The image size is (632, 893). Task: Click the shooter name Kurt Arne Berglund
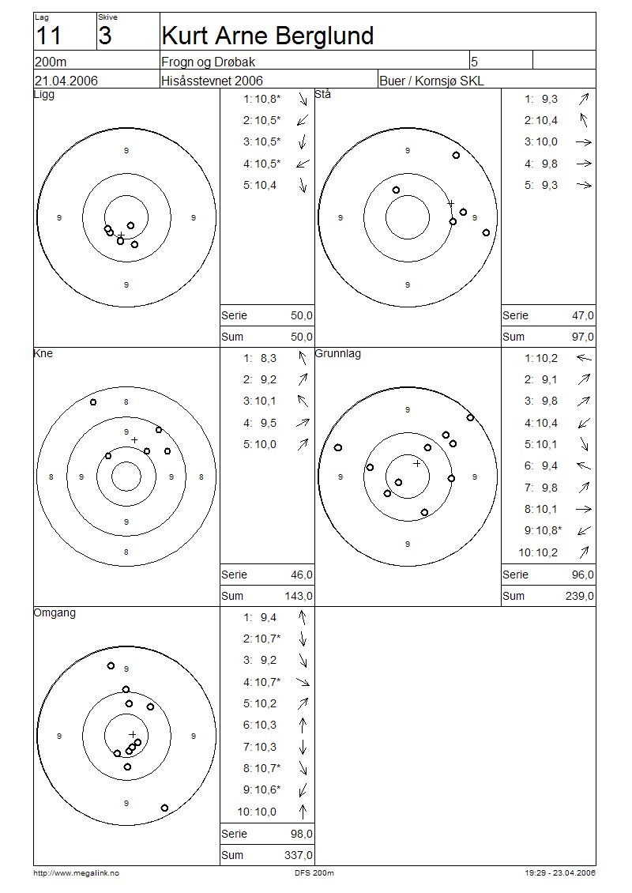click(267, 36)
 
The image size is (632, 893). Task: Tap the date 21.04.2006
click(66, 81)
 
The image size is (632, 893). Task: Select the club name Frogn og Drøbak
click(208, 62)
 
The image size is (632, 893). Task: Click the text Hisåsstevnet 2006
click(212, 81)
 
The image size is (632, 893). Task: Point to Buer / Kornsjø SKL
click(431, 81)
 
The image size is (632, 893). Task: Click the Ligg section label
click(44, 95)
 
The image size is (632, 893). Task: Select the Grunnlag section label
click(337, 354)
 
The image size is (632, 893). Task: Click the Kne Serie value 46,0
click(302, 575)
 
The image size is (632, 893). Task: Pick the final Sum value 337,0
click(299, 855)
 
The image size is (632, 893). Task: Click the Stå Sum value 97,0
click(583, 337)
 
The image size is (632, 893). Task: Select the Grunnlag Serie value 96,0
click(583, 575)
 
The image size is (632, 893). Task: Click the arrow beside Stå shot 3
click(584, 142)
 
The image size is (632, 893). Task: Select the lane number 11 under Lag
click(48, 36)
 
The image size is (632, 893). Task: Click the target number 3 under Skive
click(105, 36)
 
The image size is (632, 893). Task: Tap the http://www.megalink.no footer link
click(77, 873)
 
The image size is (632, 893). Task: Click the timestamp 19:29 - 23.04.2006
click(560, 873)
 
